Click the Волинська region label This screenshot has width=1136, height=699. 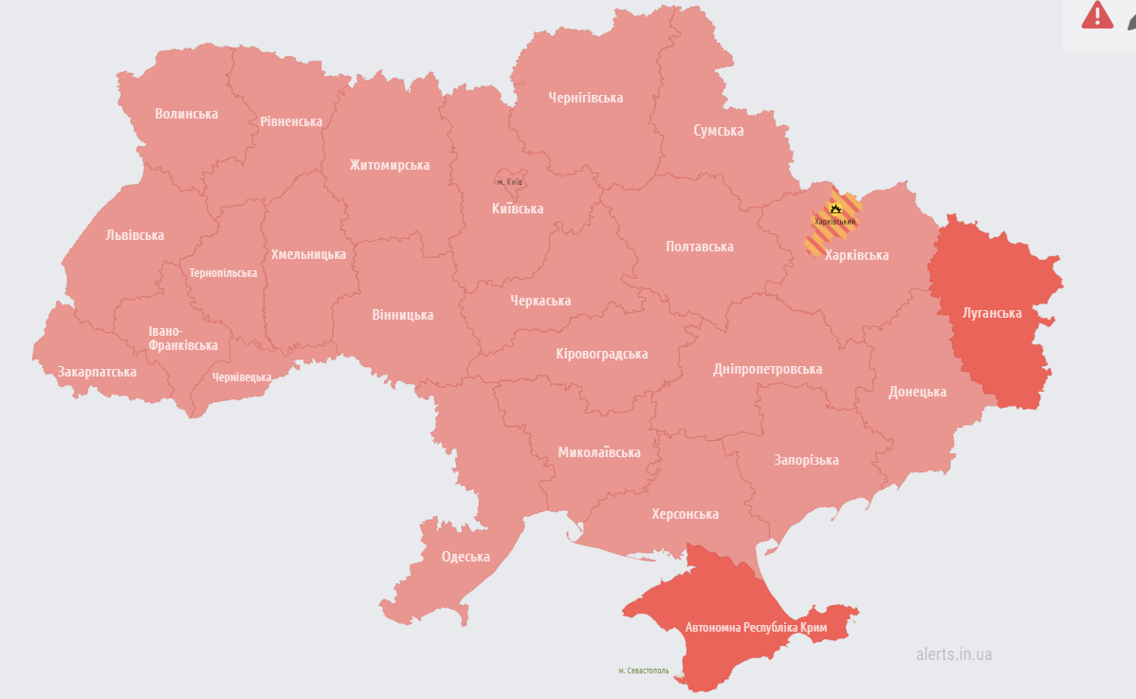tap(187, 114)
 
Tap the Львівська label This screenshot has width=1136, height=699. tap(135, 235)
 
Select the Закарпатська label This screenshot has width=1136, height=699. tap(97, 372)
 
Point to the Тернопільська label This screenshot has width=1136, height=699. tap(223, 273)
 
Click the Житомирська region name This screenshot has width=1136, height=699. tap(389, 165)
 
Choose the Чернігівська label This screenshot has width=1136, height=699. tap(585, 98)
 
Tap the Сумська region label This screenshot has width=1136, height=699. tap(718, 131)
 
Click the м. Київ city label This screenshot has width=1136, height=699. tap(510, 182)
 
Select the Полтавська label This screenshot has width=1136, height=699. tap(700, 247)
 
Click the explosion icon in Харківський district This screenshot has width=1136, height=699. tap(834, 208)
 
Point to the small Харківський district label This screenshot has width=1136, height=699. tap(834, 222)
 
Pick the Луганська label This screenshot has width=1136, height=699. tap(992, 312)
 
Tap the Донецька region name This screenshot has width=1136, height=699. tap(917, 392)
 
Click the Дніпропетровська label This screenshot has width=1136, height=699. tap(767, 369)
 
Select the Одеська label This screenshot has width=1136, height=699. tap(466, 557)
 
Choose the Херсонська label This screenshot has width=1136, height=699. tap(685, 514)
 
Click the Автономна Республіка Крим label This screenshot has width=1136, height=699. tap(756, 628)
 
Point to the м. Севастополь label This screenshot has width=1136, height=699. tap(643, 671)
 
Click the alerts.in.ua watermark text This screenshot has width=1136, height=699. tap(954, 654)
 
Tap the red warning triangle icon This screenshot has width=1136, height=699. tap(1097, 15)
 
